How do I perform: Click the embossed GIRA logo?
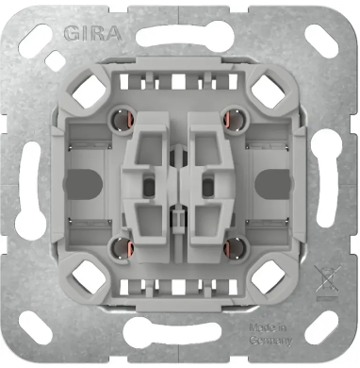(x=90, y=34)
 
